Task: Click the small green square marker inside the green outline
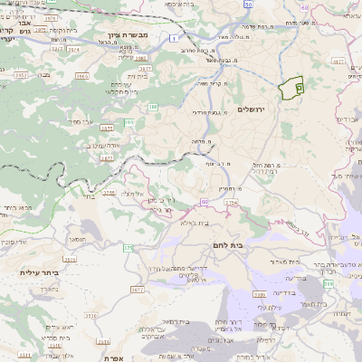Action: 300,85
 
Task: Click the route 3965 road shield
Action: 81,76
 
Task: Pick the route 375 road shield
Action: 129,247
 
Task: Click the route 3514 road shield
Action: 103,342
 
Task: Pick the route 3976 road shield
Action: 49,18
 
